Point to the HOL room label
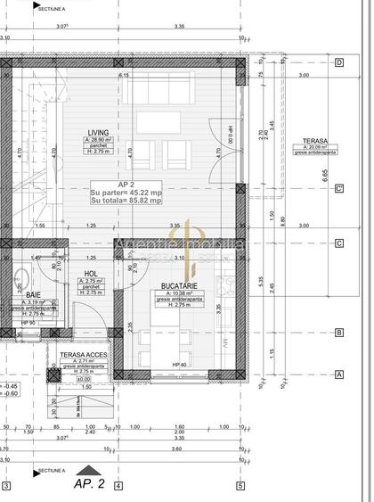(90, 275)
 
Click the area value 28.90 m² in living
(100, 141)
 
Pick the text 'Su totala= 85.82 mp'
(126, 201)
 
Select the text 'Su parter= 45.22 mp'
(126, 192)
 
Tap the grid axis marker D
(339, 62)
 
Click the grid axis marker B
(339, 333)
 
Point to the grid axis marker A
(339, 375)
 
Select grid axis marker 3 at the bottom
(5, 486)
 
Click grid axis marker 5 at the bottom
(240, 486)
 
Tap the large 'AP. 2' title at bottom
(89, 485)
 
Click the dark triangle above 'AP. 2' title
(84, 469)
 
